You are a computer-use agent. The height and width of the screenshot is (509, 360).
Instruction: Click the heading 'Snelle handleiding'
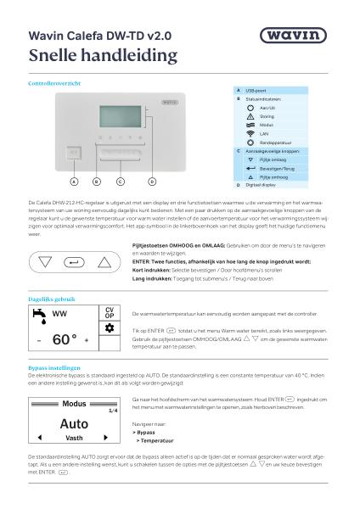(x=103, y=56)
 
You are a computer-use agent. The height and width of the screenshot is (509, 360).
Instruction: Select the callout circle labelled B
(x=96, y=181)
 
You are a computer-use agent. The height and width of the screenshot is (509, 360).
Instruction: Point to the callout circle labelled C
(x=120, y=181)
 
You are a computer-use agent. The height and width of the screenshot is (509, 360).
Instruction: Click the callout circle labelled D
(x=153, y=181)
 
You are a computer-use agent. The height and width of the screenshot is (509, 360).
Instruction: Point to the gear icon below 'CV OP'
(x=110, y=326)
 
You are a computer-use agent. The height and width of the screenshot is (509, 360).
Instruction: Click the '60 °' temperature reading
(x=64, y=339)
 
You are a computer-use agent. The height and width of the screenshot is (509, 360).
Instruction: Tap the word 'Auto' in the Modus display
(x=74, y=422)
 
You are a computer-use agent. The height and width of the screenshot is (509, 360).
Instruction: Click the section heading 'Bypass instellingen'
(x=53, y=367)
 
